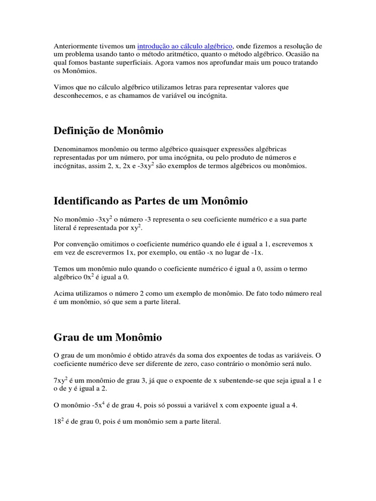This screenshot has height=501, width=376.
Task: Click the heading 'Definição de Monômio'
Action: pos(108,131)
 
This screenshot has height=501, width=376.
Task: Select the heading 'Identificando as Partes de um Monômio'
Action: pos(150,201)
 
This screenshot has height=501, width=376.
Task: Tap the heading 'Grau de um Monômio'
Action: pos(107,337)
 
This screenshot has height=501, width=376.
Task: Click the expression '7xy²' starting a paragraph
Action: pos(61,380)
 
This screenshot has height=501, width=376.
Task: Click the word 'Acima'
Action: pos(63,294)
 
